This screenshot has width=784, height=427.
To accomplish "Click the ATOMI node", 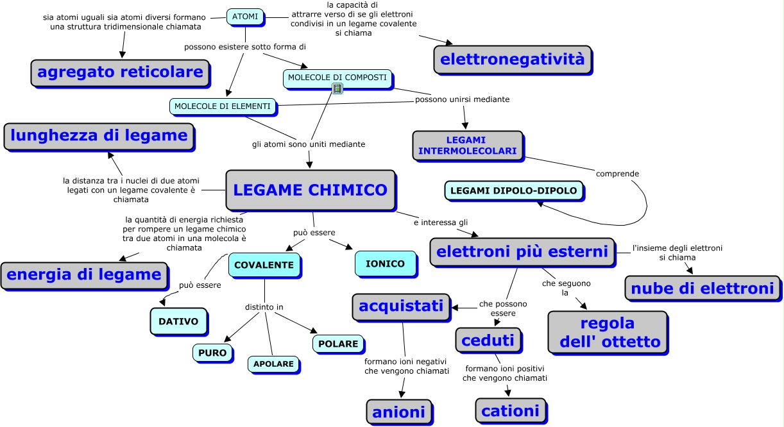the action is (245, 16).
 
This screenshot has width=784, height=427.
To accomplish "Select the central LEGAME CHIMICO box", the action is (310, 190).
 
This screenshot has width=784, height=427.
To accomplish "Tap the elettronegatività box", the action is (513, 60).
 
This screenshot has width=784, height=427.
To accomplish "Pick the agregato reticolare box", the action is (120, 72).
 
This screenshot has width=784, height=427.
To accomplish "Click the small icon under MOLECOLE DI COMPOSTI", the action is (337, 88).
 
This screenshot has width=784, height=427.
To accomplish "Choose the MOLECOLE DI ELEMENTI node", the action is (223, 106).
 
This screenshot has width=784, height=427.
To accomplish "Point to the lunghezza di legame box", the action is (99, 136).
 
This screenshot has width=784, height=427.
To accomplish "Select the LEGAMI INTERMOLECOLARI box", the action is (467, 146).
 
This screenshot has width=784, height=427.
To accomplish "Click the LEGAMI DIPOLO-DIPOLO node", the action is (514, 190).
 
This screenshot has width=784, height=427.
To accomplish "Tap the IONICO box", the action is (385, 264).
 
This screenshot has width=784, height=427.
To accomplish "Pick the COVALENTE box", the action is (264, 265).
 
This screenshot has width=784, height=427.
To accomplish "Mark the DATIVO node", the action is (179, 321).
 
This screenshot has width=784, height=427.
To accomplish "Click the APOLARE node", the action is (273, 364).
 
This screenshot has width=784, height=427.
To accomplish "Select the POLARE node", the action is (338, 344).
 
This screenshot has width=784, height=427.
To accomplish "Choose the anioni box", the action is (399, 410).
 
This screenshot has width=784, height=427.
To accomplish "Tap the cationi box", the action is (511, 410).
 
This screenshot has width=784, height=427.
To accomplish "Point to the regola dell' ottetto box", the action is (607, 332).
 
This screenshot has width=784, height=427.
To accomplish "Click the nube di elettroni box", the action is (703, 289).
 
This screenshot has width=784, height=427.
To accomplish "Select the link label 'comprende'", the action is (617, 174).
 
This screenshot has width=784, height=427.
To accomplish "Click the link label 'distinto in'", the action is (264, 307).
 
